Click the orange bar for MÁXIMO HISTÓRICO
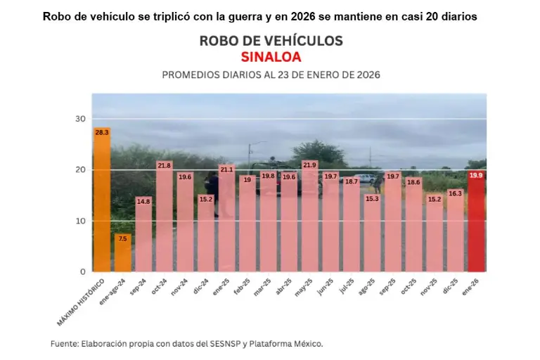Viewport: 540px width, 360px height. tap(102, 200)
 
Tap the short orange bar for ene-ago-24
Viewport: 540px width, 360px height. tap(123, 253)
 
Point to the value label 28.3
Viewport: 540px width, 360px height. tap(102, 132)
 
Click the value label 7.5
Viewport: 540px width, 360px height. tap(123, 238)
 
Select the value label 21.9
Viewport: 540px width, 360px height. tap(310, 165)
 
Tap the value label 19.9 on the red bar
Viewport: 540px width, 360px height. tap(476, 175)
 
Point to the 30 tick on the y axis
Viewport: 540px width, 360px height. tap(80, 119)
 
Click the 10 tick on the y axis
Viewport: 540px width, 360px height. tap(80, 221)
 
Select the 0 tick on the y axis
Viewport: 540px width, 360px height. tap(83, 271)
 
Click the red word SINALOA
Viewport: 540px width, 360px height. tap(271, 56)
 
